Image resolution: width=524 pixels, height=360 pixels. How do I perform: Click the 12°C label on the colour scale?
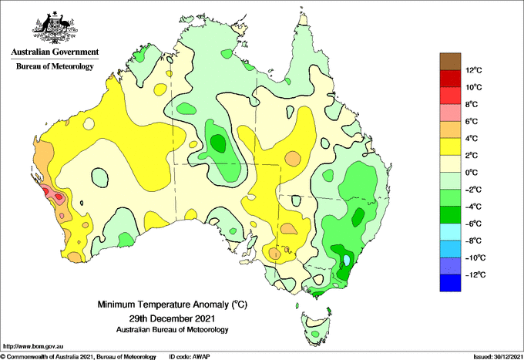474,70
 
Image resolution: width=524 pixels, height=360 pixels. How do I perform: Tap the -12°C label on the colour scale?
475,274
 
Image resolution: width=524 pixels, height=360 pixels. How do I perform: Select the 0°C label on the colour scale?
472,173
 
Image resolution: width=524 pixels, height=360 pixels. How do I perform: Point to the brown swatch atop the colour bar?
450,62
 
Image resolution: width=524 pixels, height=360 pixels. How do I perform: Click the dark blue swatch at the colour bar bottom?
450,283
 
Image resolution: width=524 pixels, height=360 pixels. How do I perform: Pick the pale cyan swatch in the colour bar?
450,232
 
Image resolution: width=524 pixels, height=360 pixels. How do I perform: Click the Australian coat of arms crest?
55,28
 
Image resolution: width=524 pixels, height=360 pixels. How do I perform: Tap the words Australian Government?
55,52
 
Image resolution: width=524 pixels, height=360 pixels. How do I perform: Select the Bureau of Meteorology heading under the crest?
55,66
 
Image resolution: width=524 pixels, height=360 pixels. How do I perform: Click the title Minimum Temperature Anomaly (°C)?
172,304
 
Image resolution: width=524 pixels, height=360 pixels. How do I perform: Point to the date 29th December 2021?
172,318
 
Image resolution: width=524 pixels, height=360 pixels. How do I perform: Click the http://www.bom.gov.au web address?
33,347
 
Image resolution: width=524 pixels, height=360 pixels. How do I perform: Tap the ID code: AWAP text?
190,357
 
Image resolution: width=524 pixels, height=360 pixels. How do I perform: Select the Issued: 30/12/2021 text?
498,357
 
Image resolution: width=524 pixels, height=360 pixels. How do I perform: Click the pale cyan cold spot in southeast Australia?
347,260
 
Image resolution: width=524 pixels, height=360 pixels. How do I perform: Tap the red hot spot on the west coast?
45,191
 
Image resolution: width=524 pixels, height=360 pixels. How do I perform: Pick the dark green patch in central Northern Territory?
219,143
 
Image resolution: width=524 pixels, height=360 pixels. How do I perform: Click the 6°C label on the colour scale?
472,121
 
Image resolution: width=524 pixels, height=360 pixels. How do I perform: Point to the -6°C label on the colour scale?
473,224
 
